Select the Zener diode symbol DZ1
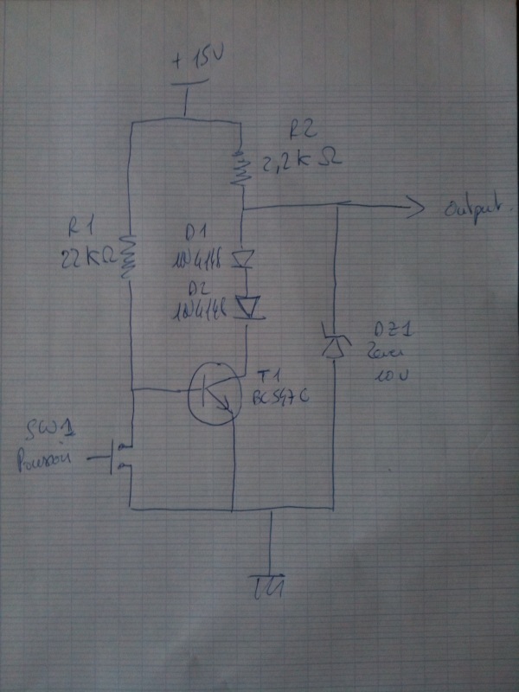[333, 341]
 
